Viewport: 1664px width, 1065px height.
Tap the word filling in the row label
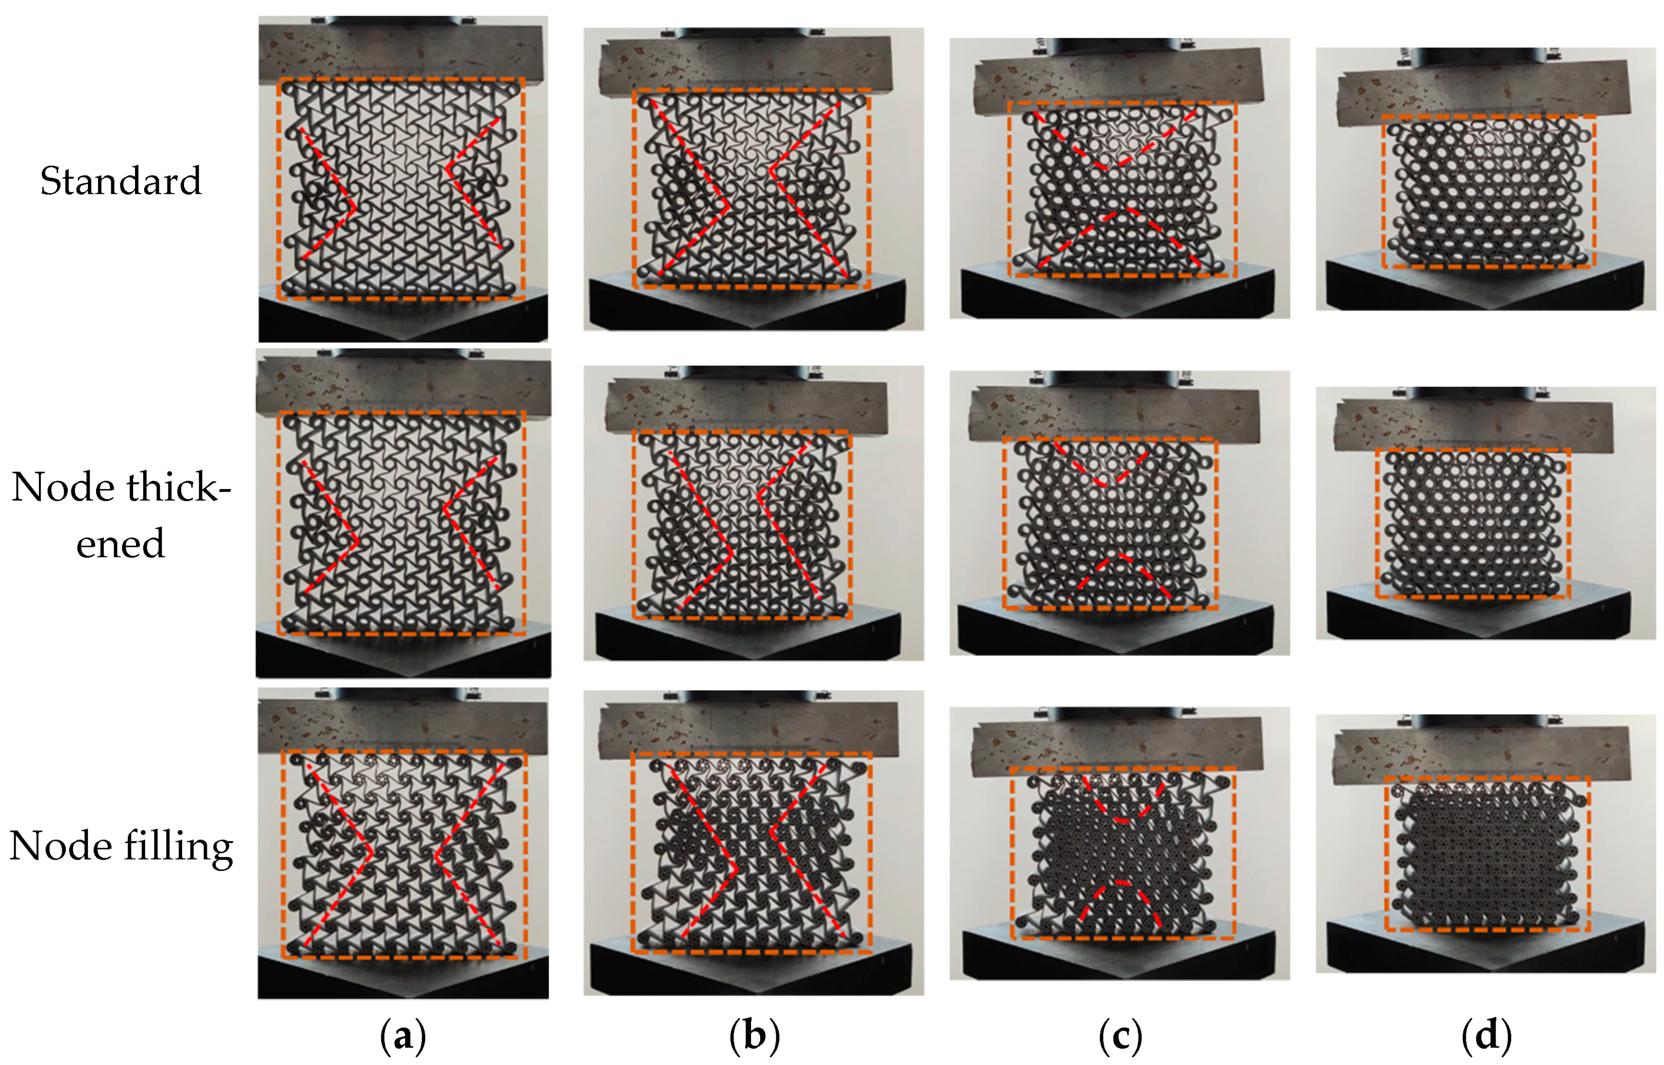(x=179, y=847)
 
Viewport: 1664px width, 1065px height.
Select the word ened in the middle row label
(x=120, y=544)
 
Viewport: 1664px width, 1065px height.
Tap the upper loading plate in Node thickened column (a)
(x=403, y=391)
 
